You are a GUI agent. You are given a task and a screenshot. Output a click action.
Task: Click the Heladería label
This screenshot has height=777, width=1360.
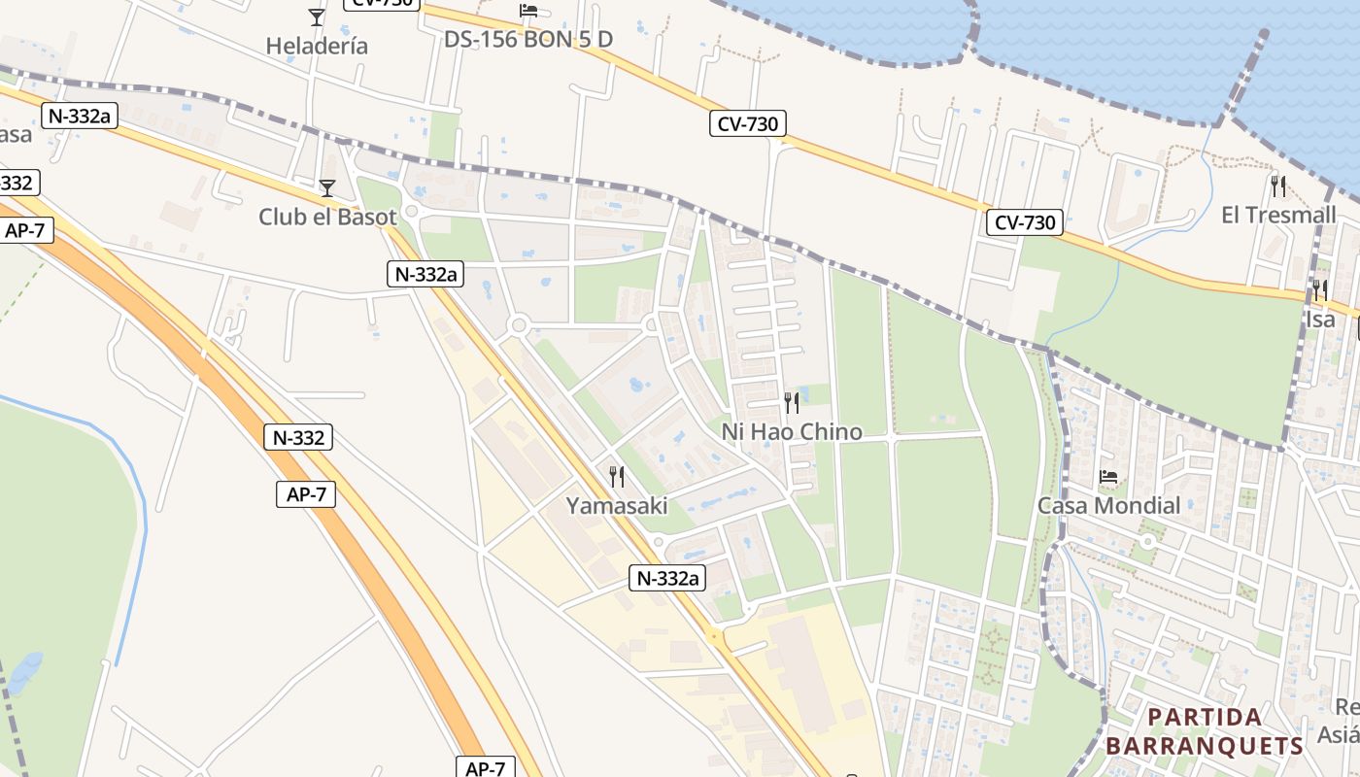click(317, 46)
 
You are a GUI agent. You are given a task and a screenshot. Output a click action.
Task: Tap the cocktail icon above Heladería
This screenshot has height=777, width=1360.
click(317, 17)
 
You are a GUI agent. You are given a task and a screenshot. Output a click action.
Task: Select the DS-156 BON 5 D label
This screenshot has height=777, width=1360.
click(528, 40)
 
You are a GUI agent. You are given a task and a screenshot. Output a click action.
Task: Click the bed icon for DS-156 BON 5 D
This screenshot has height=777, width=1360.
click(528, 11)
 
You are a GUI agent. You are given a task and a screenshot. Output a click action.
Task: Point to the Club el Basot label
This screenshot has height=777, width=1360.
click(327, 217)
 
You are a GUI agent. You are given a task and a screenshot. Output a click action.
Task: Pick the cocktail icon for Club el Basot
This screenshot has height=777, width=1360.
click(327, 187)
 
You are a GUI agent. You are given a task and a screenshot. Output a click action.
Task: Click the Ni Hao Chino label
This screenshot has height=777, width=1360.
click(792, 431)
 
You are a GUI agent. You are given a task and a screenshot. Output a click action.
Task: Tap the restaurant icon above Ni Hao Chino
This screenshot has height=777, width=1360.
click(792, 402)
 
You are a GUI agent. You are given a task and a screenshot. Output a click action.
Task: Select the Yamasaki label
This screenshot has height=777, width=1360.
click(617, 505)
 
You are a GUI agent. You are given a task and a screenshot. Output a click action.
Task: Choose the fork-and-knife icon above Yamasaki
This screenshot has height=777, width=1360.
click(617, 476)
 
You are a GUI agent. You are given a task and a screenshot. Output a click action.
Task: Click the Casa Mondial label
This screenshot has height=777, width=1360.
click(1108, 505)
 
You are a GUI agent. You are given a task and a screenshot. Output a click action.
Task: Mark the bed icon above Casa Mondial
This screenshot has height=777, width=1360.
click(1108, 476)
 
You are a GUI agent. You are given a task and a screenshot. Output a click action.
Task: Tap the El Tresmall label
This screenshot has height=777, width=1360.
click(1278, 215)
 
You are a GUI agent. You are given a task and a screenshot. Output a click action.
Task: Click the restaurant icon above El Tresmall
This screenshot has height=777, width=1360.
click(1278, 186)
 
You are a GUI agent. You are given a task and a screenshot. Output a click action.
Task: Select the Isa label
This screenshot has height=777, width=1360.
click(1320, 319)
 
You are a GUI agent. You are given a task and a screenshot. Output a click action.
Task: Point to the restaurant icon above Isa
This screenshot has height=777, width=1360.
click(1320, 289)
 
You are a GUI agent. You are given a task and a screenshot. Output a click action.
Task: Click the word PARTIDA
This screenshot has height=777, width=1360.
click(1205, 718)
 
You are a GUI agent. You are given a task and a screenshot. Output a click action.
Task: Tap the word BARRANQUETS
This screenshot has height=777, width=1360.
click(1205, 746)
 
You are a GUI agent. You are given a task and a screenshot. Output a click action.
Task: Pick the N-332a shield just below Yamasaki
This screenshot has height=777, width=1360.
click(667, 578)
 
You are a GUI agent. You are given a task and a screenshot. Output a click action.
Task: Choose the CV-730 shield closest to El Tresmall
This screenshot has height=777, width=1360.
click(1026, 222)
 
